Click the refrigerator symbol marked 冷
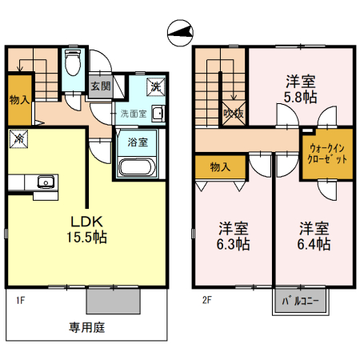pyautogui.click(x=17, y=138)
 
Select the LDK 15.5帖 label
pyautogui.click(x=86, y=229)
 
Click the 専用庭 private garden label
pyautogui.click(x=86, y=327)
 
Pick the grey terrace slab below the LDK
pyautogui.click(x=114, y=301)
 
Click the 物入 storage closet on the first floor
pyautogui.click(x=19, y=100)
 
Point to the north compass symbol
pyautogui.click(x=181, y=32)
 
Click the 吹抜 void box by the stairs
pyautogui.click(x=234, y=112)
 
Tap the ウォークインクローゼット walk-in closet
pyautogui.click(x=326, y=152)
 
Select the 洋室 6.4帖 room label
pyautogui.click(x=314, y=235)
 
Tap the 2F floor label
pyautogui.click(x=206, y=303)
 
